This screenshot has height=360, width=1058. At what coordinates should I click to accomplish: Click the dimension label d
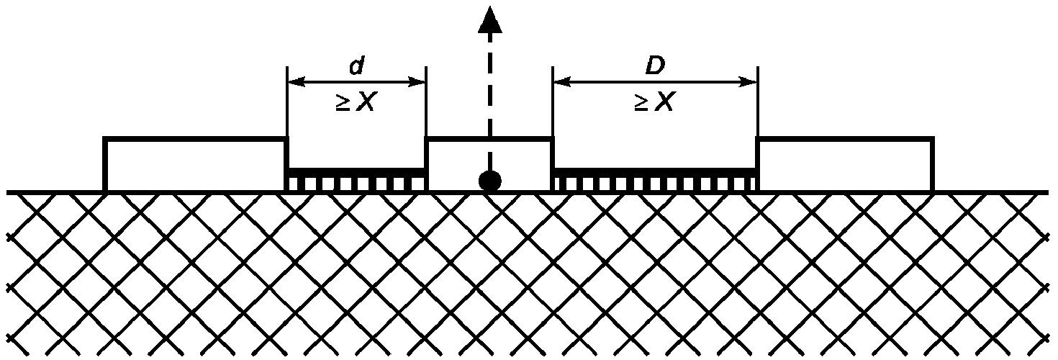tap(356, 66)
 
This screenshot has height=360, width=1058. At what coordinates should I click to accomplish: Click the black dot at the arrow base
tap(489, 181)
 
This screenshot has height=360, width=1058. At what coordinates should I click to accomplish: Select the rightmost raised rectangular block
tap(845, 165)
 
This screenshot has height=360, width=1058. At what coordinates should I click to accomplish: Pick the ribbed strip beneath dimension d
tap(356, 180)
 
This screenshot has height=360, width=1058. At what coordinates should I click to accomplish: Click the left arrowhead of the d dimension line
tap(293, 82)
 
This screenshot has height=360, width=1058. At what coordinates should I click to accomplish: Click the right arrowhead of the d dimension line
tap(420, 82)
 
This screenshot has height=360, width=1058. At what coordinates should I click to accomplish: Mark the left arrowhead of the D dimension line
tap(559, 82)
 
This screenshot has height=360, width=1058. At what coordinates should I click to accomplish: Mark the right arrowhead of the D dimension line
tap(751, 82)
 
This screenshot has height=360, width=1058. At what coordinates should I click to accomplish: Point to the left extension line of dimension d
tap(287, 101)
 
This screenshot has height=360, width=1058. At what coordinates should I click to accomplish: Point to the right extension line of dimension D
tap(757, 101)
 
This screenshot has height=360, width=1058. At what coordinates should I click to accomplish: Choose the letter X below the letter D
tap(664, 103)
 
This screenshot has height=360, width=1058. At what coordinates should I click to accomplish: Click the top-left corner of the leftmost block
tap(105, 138)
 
